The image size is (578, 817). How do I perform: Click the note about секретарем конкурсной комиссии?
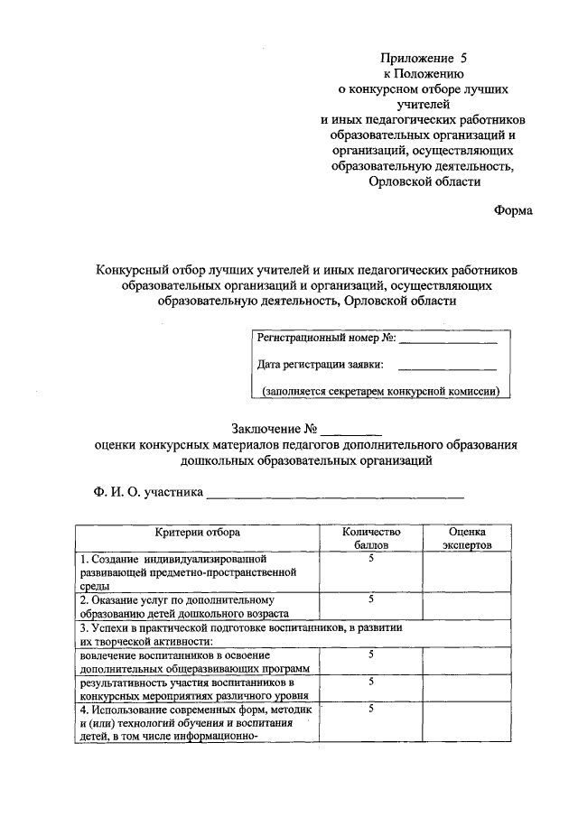[x=381, y=392]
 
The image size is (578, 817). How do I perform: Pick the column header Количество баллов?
[x=370, y=539]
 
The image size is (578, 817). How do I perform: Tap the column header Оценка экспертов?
[x=467, y=539]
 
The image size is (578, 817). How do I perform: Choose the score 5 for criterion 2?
[x=371, y=599]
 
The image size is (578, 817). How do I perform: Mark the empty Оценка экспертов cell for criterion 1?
[x=467, y=572]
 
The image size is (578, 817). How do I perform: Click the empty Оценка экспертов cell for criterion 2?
[x=467, y=605]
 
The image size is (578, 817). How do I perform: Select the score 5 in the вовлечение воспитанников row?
[x=371, y=653]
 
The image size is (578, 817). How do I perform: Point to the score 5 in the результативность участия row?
[x=371, y=682]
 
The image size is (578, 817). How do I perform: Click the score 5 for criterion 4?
[x=371, y=710]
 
